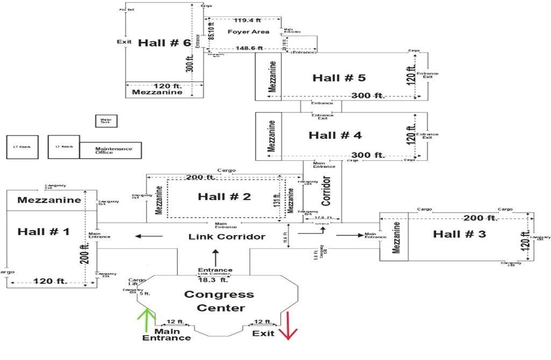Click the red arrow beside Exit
(288, 326)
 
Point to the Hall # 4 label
(335, 136)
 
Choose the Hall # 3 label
(459, 234)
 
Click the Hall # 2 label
(224, 197)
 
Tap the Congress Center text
(219, 301)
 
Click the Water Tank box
(105, 122)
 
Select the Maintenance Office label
(113, 150)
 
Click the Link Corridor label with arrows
(227, 237)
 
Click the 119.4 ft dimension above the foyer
(244, 20)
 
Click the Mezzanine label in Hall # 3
(396, 237)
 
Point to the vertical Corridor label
(326, 190)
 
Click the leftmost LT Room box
(22, 147)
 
